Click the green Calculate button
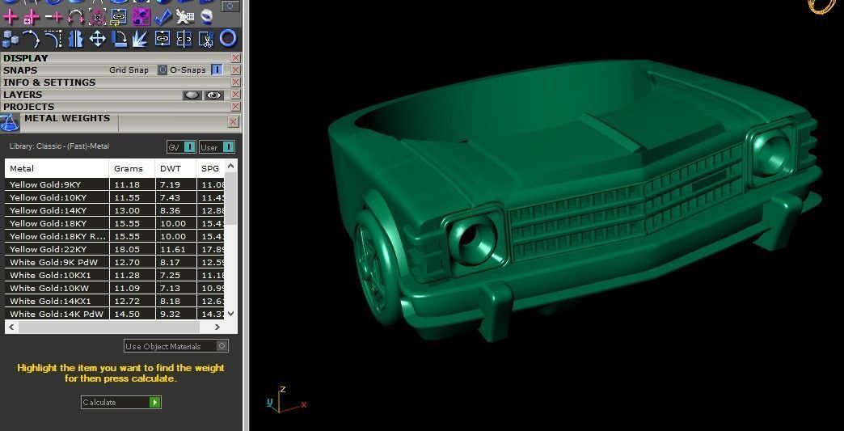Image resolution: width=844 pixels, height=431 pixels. (x=154, y=402)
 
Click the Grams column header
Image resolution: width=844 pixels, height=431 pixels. (x=129, y=168)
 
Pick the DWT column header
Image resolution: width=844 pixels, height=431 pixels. (x=170, y=168)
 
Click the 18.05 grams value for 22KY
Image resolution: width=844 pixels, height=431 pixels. (x=128, y=249)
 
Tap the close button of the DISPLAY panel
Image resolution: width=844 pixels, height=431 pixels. (x=235, y=58)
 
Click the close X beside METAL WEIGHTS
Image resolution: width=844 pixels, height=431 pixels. (x=233, y=122)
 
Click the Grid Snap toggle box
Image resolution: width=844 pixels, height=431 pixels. (x=162, y=70)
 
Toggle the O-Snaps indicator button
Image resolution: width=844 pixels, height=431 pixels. (x=217, y=70)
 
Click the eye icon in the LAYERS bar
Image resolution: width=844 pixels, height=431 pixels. (x=213, y=95)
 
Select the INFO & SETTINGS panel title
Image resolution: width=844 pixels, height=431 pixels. (x=49, y=82)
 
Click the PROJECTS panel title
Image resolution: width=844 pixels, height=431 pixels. (x=29, y=107)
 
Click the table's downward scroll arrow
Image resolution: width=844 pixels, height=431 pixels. (x=231, y=314)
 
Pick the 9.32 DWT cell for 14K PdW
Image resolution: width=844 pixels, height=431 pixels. (x=170, y=314)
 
